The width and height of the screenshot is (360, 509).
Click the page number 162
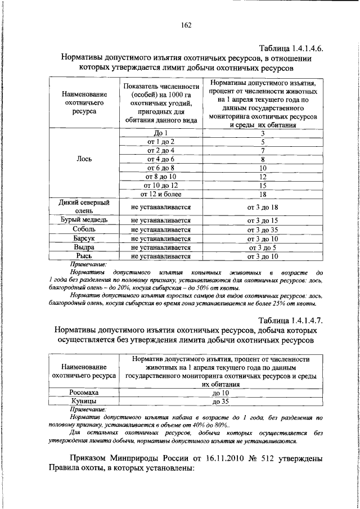click(x=187, y=25)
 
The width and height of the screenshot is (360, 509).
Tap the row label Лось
click(x=84, y=159)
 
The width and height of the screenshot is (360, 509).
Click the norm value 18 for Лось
click(x=263, y=194)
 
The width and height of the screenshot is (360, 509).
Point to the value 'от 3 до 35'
click(x=263, y=229)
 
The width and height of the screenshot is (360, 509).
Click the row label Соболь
click(x=84, y=229)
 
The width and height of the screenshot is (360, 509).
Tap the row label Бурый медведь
click(x=84, y=219)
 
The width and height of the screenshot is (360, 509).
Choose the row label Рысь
click(x=84, y=256)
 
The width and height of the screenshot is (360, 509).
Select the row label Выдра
click(x=84, y=247)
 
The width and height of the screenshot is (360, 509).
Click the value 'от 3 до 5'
click(x=263, y=247)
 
